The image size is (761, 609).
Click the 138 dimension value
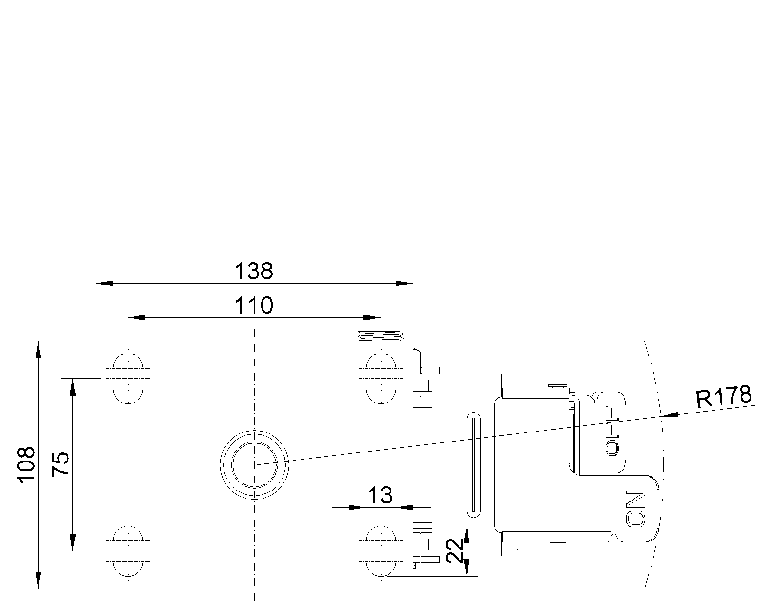click(254, 271)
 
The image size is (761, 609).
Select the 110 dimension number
click(254, 305)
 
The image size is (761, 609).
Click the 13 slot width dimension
click(380, 495)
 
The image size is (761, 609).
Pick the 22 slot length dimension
click(454, 550)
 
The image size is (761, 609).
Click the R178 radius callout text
click(723, 396)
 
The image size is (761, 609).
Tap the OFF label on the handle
click(613, 431)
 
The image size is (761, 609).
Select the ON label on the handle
click(635, 508)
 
